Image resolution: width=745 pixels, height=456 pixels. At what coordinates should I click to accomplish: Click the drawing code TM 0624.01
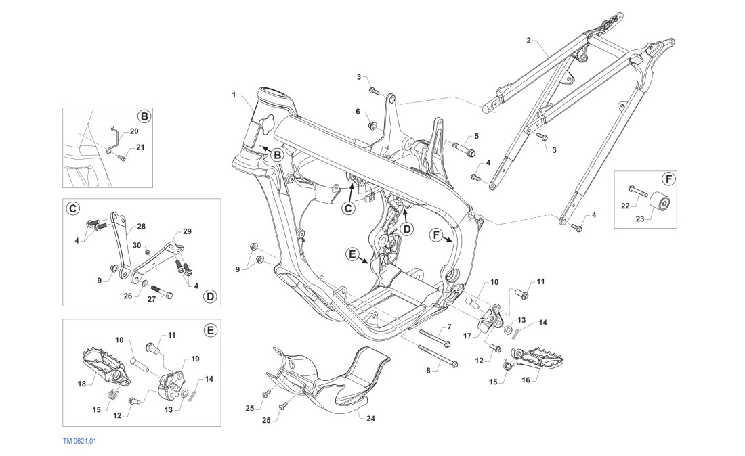pyautogui.click(x=80, y=441)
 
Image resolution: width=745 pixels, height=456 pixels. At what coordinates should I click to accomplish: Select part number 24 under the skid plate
pyautogui.click(x=370, y=419)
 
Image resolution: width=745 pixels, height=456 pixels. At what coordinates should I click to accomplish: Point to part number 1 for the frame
pyautogui.click(x=235, y=96)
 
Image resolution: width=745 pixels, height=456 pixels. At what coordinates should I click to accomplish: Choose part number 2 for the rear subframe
pyautogui.click(x=528, y=41)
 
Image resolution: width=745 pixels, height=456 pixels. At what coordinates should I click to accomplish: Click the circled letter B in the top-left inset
pyautogui.click(x=144, y=116)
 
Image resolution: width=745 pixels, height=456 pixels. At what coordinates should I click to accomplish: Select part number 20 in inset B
pyautogui.click(x=133, y=131)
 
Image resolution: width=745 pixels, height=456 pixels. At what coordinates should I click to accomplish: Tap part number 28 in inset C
pyautogui.click(x=141, y=226)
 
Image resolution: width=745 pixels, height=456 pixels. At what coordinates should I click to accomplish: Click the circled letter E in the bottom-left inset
pyautogui.click(x=211, y=330)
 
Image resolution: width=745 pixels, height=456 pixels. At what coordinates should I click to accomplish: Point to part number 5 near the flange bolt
pyautogui.click(x=476, y=136)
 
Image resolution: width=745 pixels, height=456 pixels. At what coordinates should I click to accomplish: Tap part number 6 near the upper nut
pyautogui.click(x=358, y=111)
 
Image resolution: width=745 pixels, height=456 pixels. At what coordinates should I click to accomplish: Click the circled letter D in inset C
pyautogui.click(x=210, y=296)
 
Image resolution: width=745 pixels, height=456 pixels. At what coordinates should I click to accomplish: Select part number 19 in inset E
pyautogui.click(x=194, y=359)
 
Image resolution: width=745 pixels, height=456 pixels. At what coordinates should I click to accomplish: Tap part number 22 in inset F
pyautogui.click(x=625, y=205)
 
